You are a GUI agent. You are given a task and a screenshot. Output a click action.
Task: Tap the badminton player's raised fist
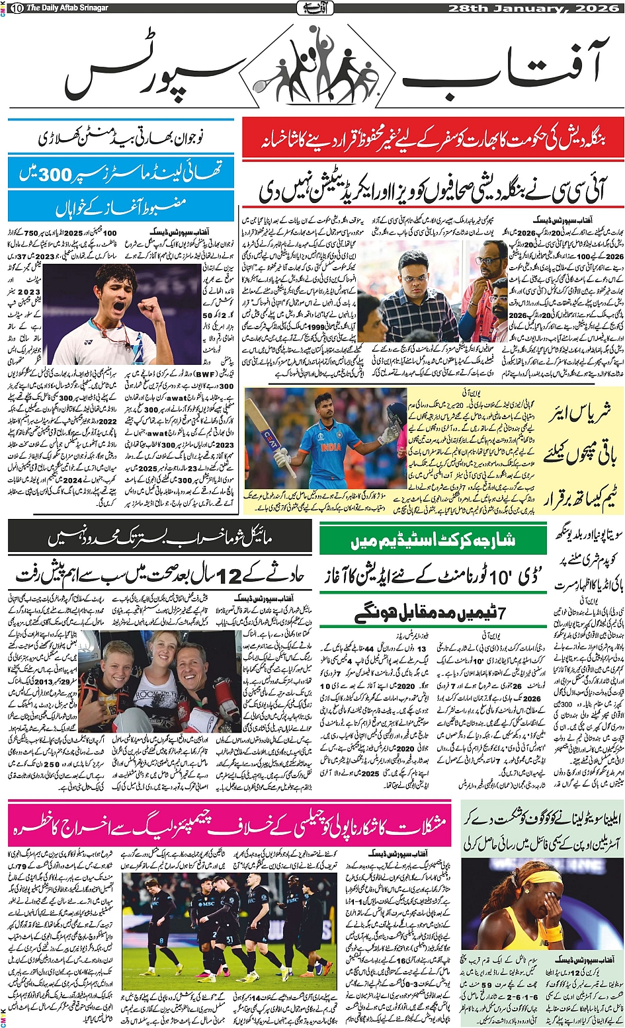click(x=149, y=305)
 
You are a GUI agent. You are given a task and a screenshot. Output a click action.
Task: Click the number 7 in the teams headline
click(x=502, y=613)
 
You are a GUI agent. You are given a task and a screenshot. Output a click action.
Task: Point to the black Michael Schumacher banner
click(x=159, y=539)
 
